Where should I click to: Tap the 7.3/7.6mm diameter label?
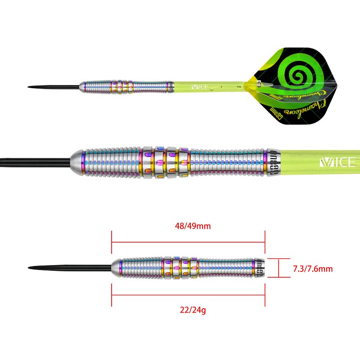pyautogui.click(x=312, y=269)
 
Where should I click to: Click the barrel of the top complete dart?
pyautogui.click(x=126, y=86)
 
